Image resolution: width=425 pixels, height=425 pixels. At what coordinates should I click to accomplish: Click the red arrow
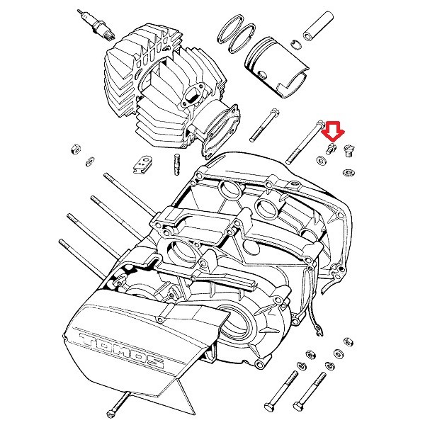click(331, 130)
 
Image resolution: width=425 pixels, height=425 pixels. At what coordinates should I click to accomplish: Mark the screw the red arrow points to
click(330, 149)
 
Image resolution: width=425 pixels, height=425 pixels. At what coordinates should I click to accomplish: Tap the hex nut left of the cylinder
click(74, 150)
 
